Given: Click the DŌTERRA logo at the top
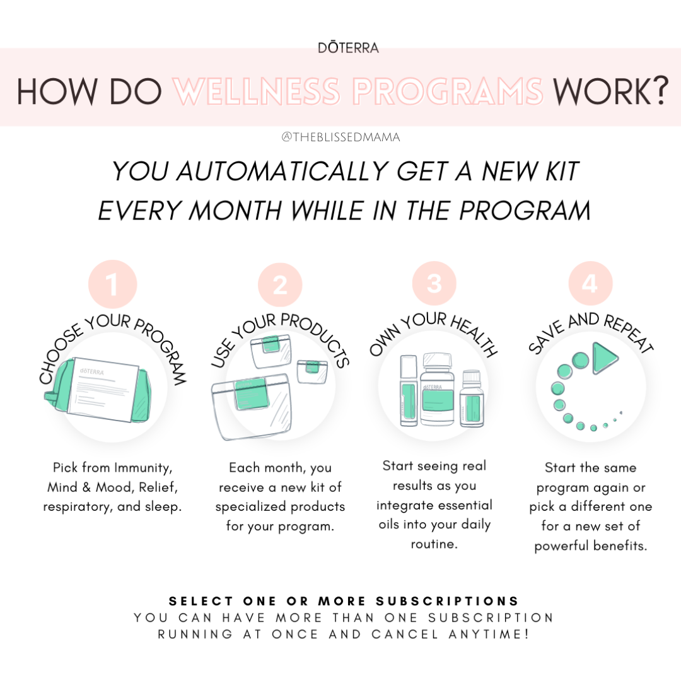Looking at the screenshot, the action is tap(348, 47).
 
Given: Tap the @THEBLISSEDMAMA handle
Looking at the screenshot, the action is tap(340, 137).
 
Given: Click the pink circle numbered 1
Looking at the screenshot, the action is tap(112, 284).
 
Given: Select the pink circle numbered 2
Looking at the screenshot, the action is tap(280, 285).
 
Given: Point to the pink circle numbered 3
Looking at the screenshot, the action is tap(434, 284).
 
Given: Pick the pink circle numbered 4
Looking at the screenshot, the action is tap(591, 284).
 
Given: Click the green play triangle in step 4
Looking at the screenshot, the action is tap(605, 358).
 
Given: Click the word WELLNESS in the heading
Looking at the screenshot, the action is tap(257, 91).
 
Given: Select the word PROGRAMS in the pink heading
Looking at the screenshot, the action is tap(448, 91).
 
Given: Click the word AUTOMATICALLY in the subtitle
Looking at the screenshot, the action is tap(282, 171).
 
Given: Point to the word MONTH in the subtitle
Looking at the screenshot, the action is tap(235, 211).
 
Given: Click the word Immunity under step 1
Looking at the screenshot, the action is tap(143, 468).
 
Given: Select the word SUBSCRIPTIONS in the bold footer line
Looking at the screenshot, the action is tap(447, 601).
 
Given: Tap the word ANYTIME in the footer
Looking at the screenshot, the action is tap(489, 634).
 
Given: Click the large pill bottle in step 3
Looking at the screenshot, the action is tap(438, 388).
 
